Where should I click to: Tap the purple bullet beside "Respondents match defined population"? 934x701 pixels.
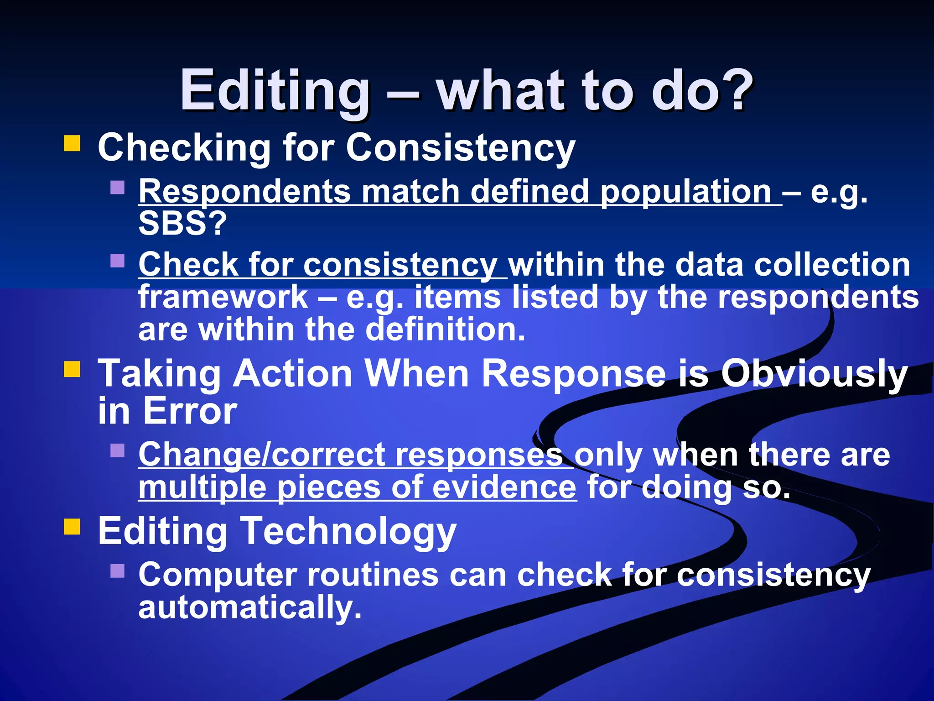(x=118, y=188)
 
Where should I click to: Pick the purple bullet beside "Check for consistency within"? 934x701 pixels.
(x=118, y=261)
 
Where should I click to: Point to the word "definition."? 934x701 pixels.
(x=446, y=330)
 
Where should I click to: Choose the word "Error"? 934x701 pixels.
(x=190, y=411)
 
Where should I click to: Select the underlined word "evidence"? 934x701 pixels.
(x=504, y=487)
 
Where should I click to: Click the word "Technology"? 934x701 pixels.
(x=348, y=532)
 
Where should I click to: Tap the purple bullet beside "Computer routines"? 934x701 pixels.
(x=118, y=570)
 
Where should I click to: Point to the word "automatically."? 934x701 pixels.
(x=250, y=608)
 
